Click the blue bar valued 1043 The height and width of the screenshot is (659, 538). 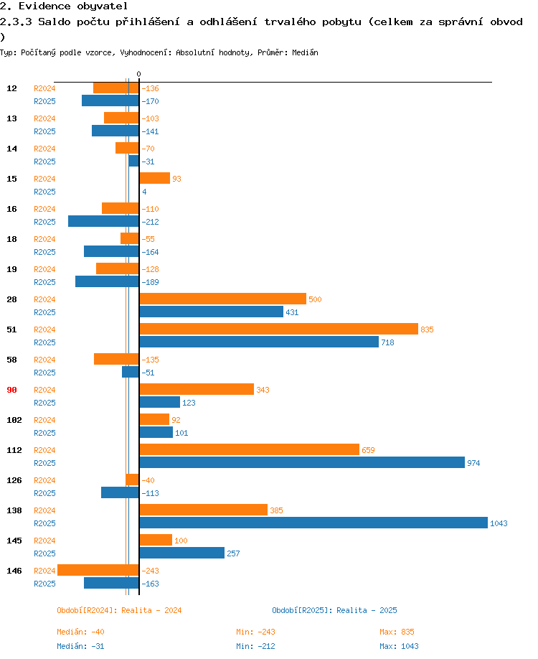[313, 523]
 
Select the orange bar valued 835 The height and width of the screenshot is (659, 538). [279, 329]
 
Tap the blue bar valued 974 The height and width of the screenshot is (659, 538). [303, 462]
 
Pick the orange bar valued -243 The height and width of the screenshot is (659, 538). [98, 570]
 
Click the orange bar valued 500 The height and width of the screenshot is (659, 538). [223, 299]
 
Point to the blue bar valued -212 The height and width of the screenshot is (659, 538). [103, 221]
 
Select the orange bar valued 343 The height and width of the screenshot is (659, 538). [197, 389]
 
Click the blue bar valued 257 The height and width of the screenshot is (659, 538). [182, 553]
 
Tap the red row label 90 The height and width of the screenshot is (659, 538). [11, 390]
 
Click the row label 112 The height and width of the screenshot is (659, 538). [14, 450]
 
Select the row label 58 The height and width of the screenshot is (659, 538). [11, 360]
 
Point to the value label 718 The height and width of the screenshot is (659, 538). [387, 342]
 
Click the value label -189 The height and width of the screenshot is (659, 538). [150, 282]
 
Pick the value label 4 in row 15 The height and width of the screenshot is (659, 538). [144, 192]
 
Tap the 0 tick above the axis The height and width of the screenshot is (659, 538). [138, 74]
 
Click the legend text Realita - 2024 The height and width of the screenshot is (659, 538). [151, 610]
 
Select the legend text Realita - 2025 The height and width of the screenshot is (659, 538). [367, 610]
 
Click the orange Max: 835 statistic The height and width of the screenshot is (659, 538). [397, 632]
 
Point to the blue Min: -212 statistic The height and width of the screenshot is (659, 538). [255, 646]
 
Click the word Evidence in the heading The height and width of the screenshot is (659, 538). [44, 6]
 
